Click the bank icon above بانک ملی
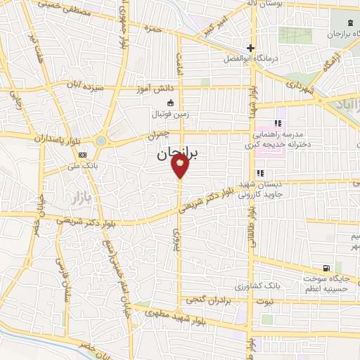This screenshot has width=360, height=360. (x=83, y=155)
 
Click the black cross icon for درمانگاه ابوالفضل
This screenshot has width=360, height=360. (x=248, y=48)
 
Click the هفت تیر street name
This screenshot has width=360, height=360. (x=35, y=46)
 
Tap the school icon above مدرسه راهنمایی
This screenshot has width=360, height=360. (x=268, y=124)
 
